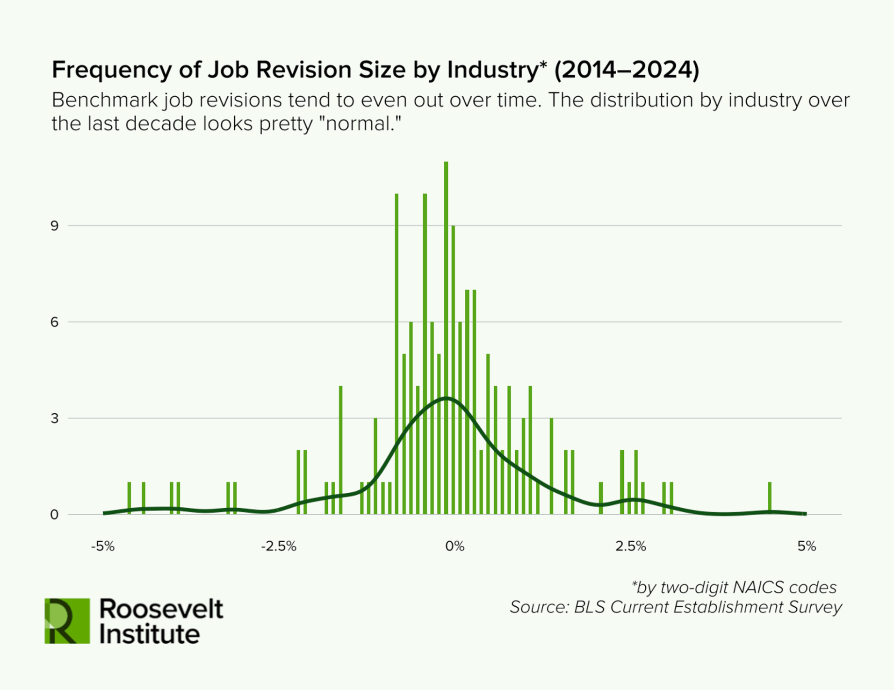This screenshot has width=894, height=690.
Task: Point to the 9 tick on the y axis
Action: point(55,226)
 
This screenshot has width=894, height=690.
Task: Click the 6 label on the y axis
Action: point(55,323)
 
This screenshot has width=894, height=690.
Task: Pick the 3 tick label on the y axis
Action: point(55,419)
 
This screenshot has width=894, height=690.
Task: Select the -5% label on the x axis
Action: point(103,546)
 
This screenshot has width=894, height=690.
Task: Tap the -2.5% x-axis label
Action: point(279,546)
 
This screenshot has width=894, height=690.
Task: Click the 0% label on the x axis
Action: point(454,546)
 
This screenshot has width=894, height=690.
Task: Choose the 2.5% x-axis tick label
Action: point(630,546)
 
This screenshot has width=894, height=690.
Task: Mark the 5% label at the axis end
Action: point(807,546)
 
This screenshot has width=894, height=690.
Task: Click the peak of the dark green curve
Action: point(447,398)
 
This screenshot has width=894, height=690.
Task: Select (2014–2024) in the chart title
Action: point(627,70)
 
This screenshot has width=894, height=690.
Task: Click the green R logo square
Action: point(67,621)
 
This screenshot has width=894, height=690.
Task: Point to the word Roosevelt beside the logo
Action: point(161,609)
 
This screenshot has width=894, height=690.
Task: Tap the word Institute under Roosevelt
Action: point(150,634)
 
